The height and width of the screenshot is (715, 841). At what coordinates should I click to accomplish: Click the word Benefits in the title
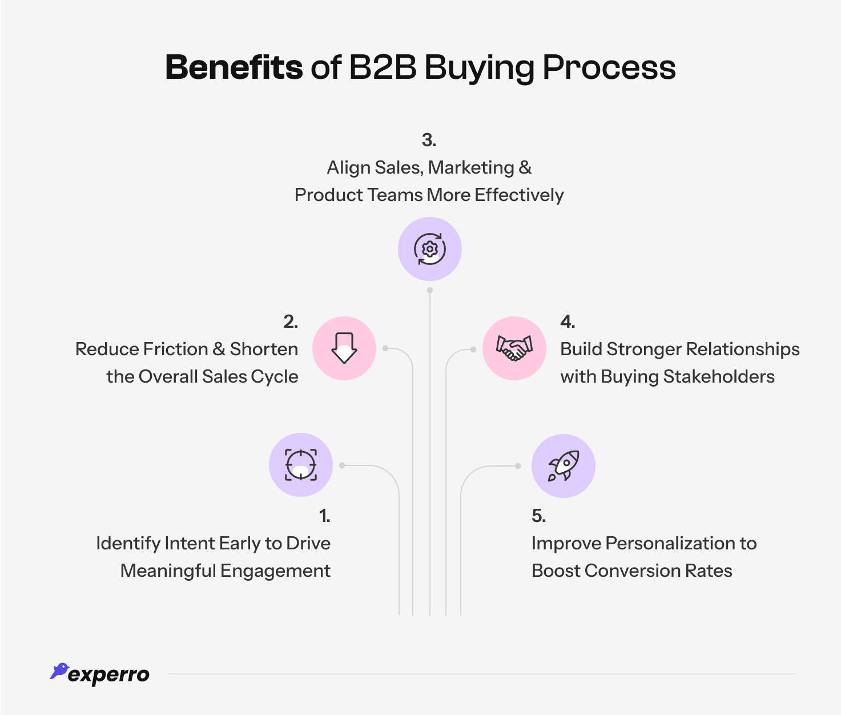pyautogui.click(x=234, y=67)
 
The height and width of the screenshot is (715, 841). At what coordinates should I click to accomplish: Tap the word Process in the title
pyautogui.click(x=609, y=67)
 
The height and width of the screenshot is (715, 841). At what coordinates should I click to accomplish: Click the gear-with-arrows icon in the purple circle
pyautogui.click(x=429, y=249)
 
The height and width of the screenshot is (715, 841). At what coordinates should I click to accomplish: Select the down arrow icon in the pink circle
pyautogui.click(x=344, y=348)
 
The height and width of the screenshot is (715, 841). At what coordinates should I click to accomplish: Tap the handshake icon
pyautogui.click(x=514, y=348)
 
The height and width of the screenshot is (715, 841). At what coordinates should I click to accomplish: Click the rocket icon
pyautogui.click(x=564, y=466)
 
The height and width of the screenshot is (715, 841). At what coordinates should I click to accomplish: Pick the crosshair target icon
pyautogui.click(x=301, y=465)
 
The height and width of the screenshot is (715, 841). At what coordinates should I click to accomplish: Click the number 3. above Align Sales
pyautogui.click(x=429, y=140)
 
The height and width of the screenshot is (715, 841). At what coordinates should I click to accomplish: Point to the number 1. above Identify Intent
pyautogui.click(x=324, y=516)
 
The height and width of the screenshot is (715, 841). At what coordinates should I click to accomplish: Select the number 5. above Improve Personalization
pyautogui.click(x=538, y=516)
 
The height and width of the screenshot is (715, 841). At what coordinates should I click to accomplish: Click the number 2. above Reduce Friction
pyautogui.click(x=291, y=322)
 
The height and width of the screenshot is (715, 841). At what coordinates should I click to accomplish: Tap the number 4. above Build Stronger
pyautogui.click(x=568, y=322)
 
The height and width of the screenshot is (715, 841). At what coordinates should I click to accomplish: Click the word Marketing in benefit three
pyautogui.click(x=471, y=167)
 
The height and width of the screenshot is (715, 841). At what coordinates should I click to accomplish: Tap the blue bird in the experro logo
pyautogui.click(x=59, y=670)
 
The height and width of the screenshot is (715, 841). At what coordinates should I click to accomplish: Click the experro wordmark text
pyautogui.click(x=108, y=675)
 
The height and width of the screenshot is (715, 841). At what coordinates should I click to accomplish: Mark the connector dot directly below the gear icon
pyautogui.click(x=430, y=290)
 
